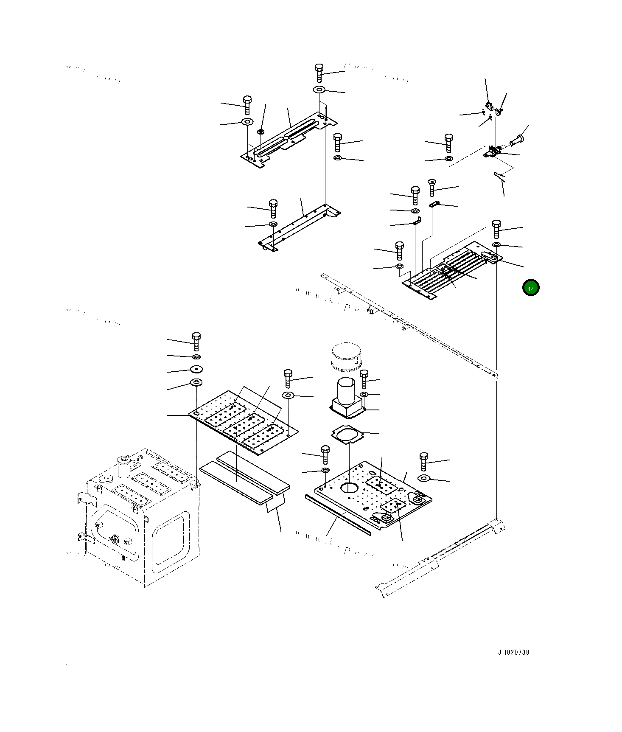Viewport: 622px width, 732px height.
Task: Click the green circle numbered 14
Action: point(530,288)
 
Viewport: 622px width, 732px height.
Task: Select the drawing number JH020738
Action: point(513,652)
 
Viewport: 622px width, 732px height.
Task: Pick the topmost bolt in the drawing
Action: point(319,73)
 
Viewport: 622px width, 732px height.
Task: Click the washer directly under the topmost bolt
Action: point(319,90)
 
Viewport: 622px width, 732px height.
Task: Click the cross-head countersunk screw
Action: point(432,187)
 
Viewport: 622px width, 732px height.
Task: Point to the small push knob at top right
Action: point(517,139)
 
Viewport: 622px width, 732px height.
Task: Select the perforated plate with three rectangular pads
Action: point(244,422)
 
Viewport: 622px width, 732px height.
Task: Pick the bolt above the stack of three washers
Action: point(196,341)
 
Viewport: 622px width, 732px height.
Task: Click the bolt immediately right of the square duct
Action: point(364,379)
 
